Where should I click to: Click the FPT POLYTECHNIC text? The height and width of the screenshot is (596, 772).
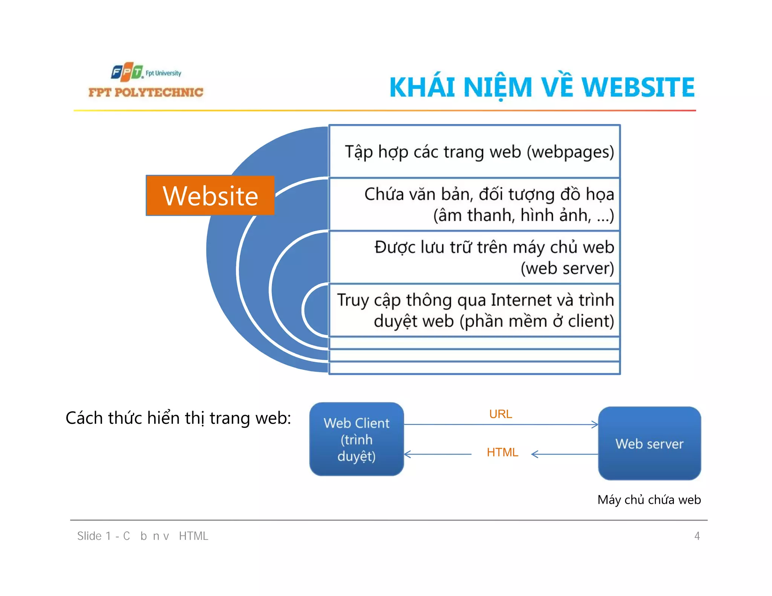(146, 92)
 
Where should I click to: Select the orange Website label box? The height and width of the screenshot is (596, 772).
(210, 196)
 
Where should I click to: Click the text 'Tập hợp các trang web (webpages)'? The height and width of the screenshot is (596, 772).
(479, 152)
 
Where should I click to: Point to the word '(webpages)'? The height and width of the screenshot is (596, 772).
(570, 152)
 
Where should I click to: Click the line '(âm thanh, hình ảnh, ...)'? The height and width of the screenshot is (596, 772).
(523, 215)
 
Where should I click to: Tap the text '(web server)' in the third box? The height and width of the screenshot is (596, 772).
(567, 269)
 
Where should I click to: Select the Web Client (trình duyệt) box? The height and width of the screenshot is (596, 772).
(356, 439)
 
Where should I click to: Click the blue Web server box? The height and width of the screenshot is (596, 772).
(649, 443)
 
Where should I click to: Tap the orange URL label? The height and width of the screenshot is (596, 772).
(500, 414)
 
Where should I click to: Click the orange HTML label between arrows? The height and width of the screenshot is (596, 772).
(502, 452)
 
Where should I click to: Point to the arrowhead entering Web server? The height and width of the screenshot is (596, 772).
(595, 425)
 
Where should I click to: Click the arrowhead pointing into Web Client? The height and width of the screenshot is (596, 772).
(407, 454)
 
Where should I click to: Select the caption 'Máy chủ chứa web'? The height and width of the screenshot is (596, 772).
(649, 500)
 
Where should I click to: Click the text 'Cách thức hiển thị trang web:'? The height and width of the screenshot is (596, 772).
(178, 418)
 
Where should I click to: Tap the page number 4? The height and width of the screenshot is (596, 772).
(697, 536)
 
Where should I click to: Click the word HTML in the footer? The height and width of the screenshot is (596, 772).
(193, 536)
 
